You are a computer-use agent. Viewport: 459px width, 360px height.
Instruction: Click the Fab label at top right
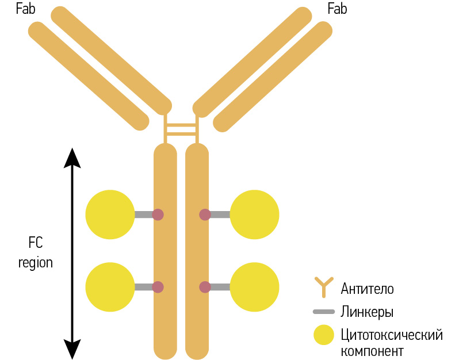tap(337, 9)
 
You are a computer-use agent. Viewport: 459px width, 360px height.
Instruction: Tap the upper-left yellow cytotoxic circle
tap(110, 215)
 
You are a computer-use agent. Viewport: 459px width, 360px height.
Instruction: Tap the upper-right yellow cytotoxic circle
tap(255, 215)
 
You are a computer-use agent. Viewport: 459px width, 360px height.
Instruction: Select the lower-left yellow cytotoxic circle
tap(110, 287)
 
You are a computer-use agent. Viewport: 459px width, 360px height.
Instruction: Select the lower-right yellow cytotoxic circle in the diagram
tap(255, 287)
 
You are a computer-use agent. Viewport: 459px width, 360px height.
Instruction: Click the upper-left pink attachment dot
tap(158, 215)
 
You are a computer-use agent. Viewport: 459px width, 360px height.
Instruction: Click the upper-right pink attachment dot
tap(205, 215)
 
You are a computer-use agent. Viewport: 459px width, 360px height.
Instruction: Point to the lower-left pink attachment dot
tap(158, 287)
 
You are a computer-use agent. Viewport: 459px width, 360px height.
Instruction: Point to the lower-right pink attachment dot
tap(205, 287)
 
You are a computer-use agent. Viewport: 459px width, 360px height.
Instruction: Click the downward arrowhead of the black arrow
tap(72, 348)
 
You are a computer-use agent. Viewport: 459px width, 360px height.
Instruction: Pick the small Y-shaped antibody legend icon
tap(323, 287)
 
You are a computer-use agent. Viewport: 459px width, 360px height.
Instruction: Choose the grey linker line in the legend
tap(323, 312)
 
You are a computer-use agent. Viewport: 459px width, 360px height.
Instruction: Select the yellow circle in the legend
tap(323, 335)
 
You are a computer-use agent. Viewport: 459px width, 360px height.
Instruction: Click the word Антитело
tap(367, 288)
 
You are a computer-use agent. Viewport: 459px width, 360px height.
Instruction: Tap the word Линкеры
tap(367, 312)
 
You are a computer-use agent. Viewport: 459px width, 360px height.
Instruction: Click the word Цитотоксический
tap(391, 334)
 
